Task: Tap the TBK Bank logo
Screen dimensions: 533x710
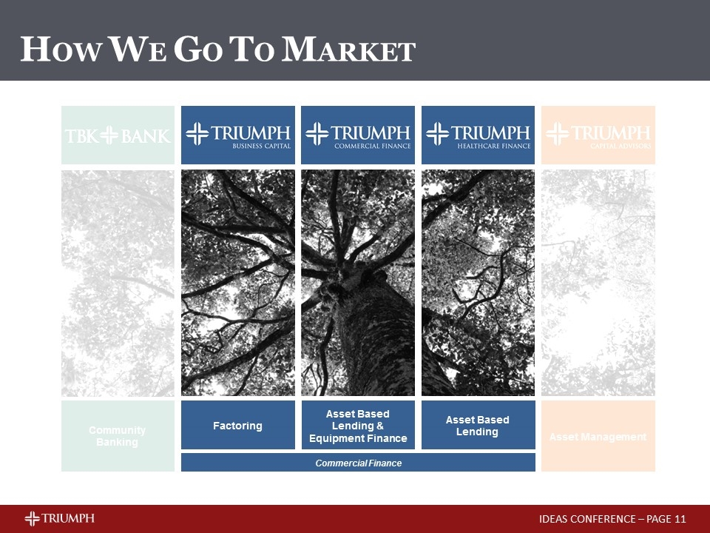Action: click(118, 135)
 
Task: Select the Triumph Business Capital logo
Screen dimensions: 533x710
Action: click(237, 135)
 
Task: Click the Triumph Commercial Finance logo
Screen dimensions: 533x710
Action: click(357, 135)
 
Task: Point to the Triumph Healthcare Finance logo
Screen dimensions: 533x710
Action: click(478, 135)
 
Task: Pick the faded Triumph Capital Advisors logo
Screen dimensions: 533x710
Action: click(598, 135)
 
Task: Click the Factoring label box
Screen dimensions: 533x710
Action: click(237, 426)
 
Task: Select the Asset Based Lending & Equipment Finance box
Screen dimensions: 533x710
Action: click(357, 426)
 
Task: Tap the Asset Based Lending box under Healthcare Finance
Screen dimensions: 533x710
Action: click(478, 426)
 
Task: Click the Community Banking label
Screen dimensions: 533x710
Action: click(118, 436)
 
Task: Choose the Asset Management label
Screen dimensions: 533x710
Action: click(598, 437)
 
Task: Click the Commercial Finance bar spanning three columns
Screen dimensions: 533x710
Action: click(357, 463)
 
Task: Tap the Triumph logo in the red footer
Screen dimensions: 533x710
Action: click(59, 518)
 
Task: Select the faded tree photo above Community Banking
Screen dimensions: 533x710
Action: click(118, 283)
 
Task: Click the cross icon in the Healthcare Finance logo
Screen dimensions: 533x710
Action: click(438, 134)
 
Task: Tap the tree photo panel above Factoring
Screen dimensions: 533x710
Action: click(237, 283)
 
